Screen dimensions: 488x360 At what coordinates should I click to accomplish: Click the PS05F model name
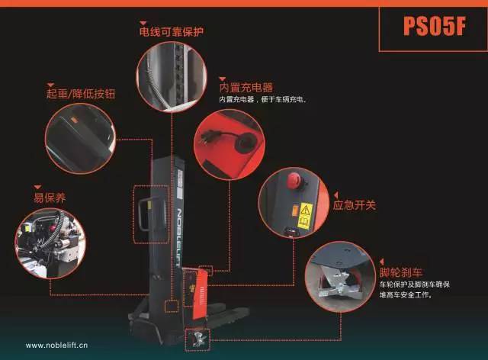point(434,26)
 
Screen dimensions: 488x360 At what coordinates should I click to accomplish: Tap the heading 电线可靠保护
point(172,32)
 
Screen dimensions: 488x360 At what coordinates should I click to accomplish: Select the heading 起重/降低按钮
point(81,93)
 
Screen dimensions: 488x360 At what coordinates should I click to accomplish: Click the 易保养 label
point(50,198)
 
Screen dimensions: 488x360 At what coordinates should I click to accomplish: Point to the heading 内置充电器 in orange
point(246,88)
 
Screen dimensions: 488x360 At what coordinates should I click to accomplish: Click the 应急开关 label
point(355,205)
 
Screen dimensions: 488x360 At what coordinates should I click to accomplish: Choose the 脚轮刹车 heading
point(401,272)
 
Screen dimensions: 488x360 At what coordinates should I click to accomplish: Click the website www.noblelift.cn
point(56,346)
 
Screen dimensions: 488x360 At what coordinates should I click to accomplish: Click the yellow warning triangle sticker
point(306,211)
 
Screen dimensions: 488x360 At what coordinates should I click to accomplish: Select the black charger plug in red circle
point(215,137)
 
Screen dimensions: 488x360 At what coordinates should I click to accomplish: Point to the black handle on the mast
point(152,214)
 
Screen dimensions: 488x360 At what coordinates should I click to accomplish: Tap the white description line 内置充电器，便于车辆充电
point(263,100)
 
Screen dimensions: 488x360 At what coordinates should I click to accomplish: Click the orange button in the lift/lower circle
point(74,120)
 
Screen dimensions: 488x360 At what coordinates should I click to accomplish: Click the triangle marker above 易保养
point(37,187)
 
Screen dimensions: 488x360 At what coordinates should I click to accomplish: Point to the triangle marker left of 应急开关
point(335,195)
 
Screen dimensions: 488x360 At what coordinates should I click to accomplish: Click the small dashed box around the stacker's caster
point(197,339)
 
